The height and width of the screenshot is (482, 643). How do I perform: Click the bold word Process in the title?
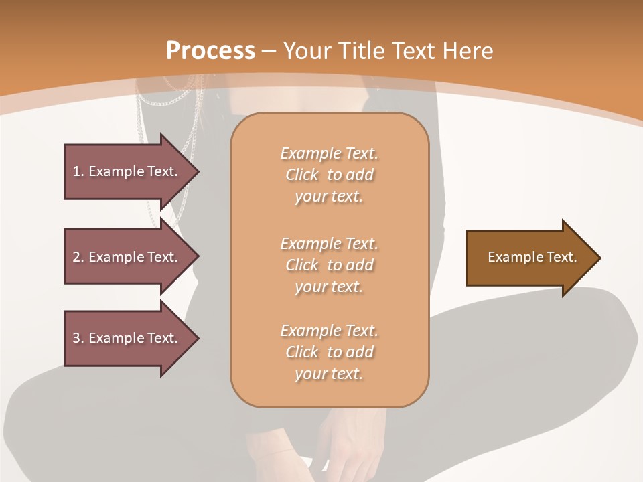(210, 51)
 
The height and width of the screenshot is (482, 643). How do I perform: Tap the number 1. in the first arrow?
(78, 171)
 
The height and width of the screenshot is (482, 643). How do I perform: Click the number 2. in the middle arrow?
(78, 257)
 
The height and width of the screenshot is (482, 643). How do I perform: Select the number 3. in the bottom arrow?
(78, 338)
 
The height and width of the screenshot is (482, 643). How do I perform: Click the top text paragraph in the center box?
(329, 175)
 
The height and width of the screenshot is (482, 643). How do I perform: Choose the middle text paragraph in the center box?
(329, 265)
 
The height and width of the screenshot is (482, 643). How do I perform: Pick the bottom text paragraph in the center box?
(329, 352)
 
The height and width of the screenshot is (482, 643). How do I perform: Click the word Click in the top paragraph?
(302, 175)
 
